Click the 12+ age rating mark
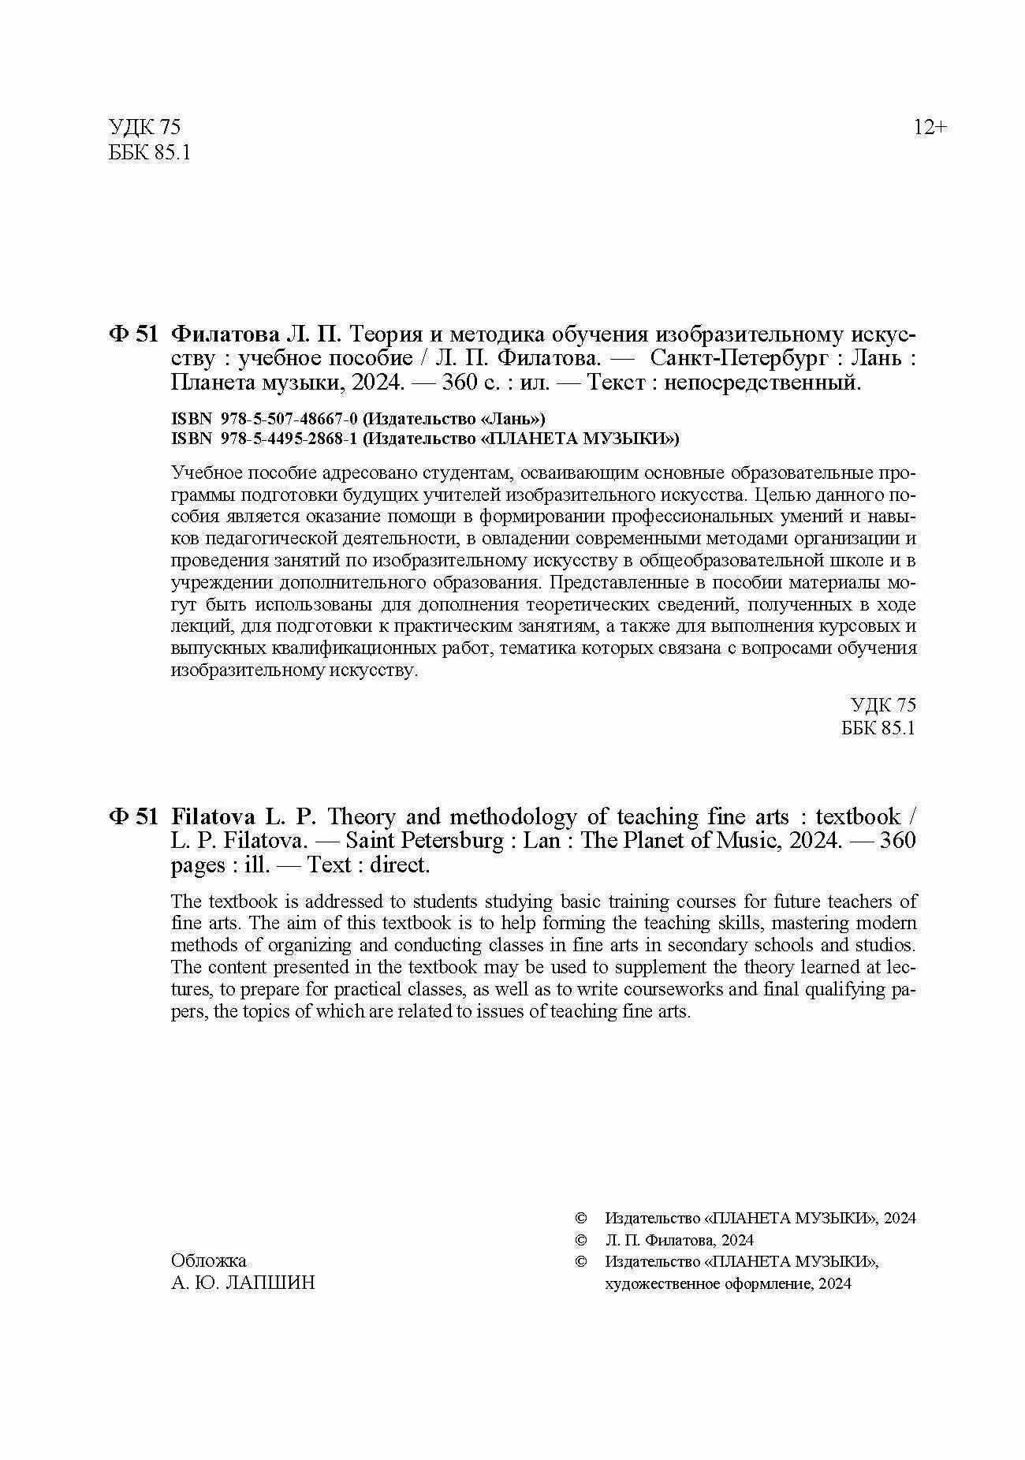(930, 127)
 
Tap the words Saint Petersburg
(424, 841)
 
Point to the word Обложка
(208, 1261)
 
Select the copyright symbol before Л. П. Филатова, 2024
(582, 1240)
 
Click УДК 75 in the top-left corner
(144, 128)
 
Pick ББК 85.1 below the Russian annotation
(878, 727)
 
